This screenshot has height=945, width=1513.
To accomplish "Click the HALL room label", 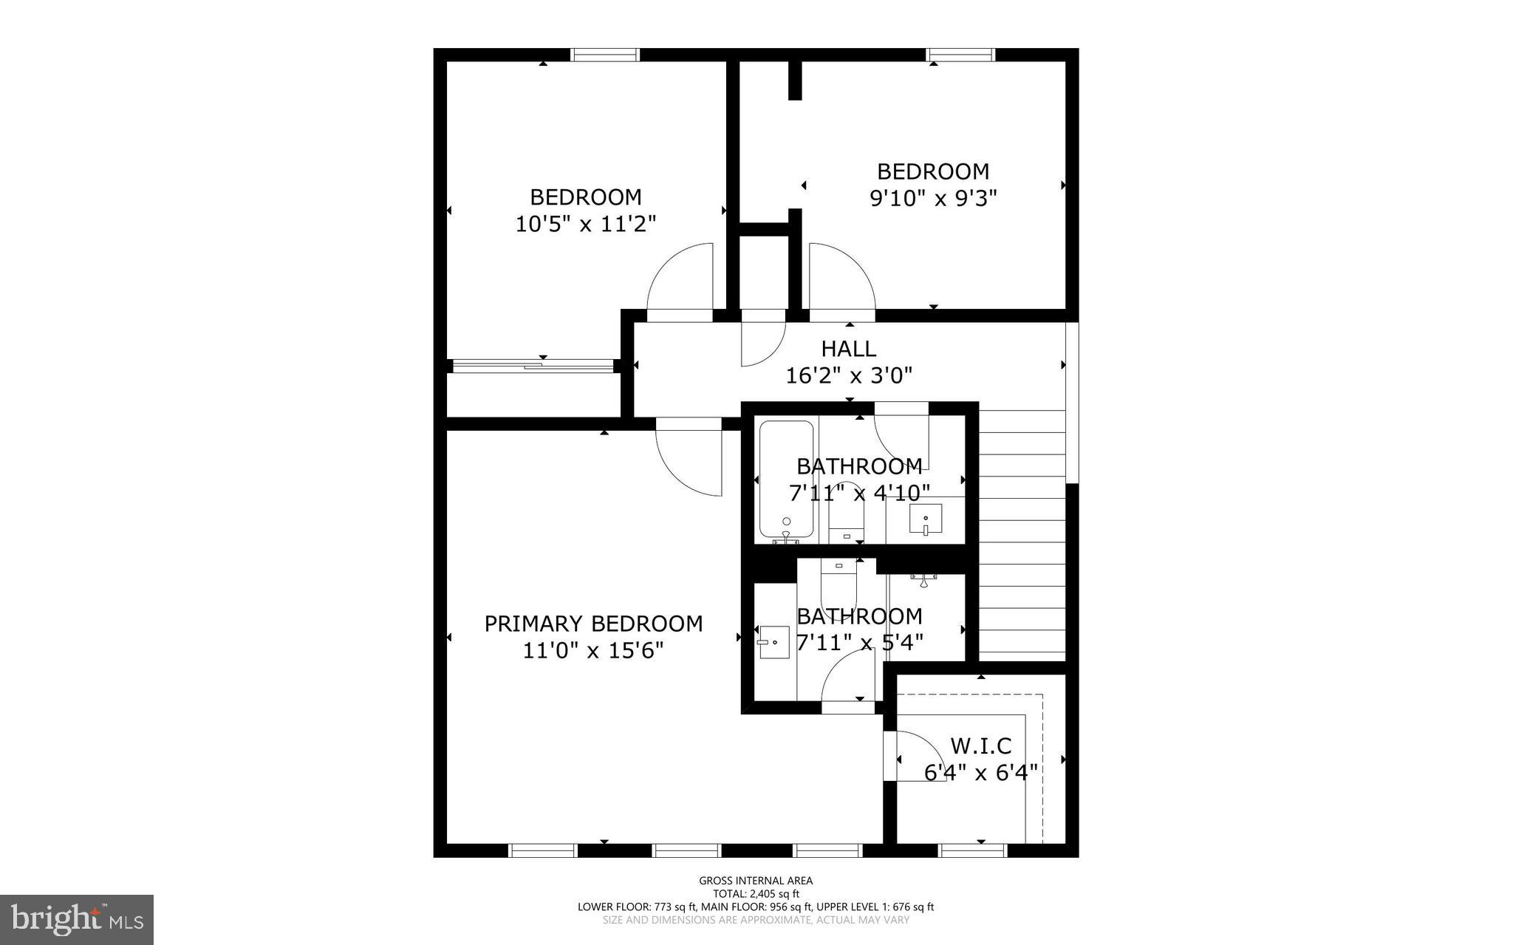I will click(x=849, y=349).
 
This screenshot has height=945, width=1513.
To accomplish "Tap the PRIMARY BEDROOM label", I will click(x=593, y=624).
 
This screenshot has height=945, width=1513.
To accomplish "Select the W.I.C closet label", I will click(x=980, y=746).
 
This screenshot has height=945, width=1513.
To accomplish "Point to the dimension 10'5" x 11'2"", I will click(x=586, y=224).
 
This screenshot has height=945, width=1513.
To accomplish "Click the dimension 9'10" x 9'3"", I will click(x=933, y=199).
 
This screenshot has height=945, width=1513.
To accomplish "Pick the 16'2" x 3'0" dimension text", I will click(x=849, y=376).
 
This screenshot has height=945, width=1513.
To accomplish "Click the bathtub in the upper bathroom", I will click(x=786, y=480).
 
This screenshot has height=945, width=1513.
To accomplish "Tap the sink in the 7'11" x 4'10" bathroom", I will click(x=925, y=519).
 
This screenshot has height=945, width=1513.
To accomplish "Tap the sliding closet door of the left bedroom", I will click(x=533, y=365).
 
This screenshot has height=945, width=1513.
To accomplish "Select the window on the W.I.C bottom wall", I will click(x=972, y=850).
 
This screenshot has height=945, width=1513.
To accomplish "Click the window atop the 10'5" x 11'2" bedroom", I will click(x=605, y=55).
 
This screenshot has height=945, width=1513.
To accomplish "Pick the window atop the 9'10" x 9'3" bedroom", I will click(x=961, y=55).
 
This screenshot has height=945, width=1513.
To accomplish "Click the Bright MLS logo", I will click(x=77, y=919).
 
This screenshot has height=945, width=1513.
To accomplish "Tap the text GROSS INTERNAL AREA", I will click(x=756, y=881).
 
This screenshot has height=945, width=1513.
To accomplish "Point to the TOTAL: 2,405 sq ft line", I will click(x=756, y=894).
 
